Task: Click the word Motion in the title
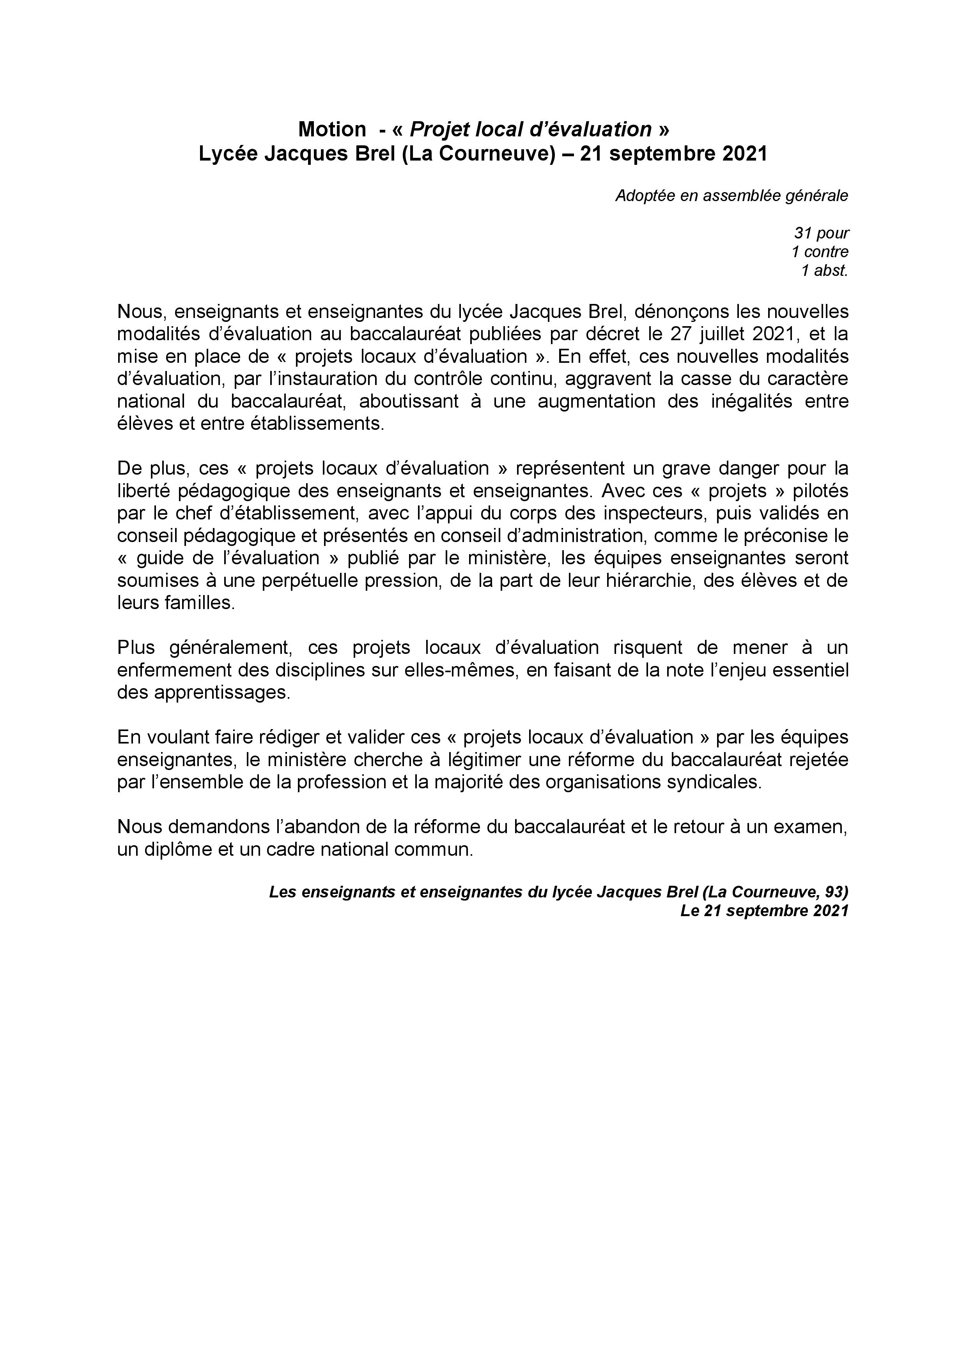point(332,129)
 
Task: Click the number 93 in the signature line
point(835,892)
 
